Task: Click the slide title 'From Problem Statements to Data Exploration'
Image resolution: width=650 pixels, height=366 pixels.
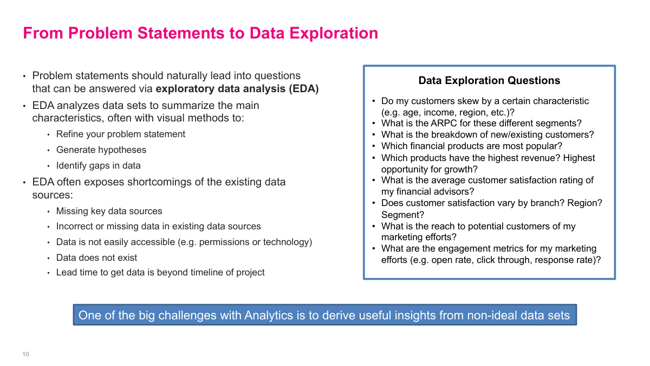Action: click(x=200, y=33)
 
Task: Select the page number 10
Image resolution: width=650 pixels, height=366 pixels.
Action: click(x=25, y=354)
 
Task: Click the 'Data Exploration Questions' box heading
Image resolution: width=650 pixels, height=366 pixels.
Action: click(x=489, y=81)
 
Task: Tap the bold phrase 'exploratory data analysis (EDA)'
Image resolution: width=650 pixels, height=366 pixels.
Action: click(x=237, y=89)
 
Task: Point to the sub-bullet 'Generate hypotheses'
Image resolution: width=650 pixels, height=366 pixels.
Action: click(x=101, y=150)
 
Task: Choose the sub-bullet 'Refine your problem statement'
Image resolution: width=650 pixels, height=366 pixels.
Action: click(x=121, y=134)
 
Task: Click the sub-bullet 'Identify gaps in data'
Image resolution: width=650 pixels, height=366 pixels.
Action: click(x=99, y=165)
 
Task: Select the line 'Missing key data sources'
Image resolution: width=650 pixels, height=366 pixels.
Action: click(x=109, y=211)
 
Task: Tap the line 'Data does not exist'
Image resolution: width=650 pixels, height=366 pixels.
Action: click(x=96, y=258)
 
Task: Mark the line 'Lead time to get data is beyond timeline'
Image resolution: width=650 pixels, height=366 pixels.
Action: click(x=160, y=272)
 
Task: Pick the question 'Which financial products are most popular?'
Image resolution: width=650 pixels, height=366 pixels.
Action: click(x=472, y=146)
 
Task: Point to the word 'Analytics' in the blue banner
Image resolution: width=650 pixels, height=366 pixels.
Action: click(x=268, y=315)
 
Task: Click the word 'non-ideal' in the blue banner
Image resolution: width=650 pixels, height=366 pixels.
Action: click(x=493, y=315)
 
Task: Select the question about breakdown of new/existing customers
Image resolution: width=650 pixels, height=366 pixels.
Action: click(x=487, y=134)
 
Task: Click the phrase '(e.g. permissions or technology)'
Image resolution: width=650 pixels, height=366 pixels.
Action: click(x=245, y=242)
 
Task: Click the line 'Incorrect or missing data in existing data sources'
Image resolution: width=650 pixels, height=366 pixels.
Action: click(x=159, y=226)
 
